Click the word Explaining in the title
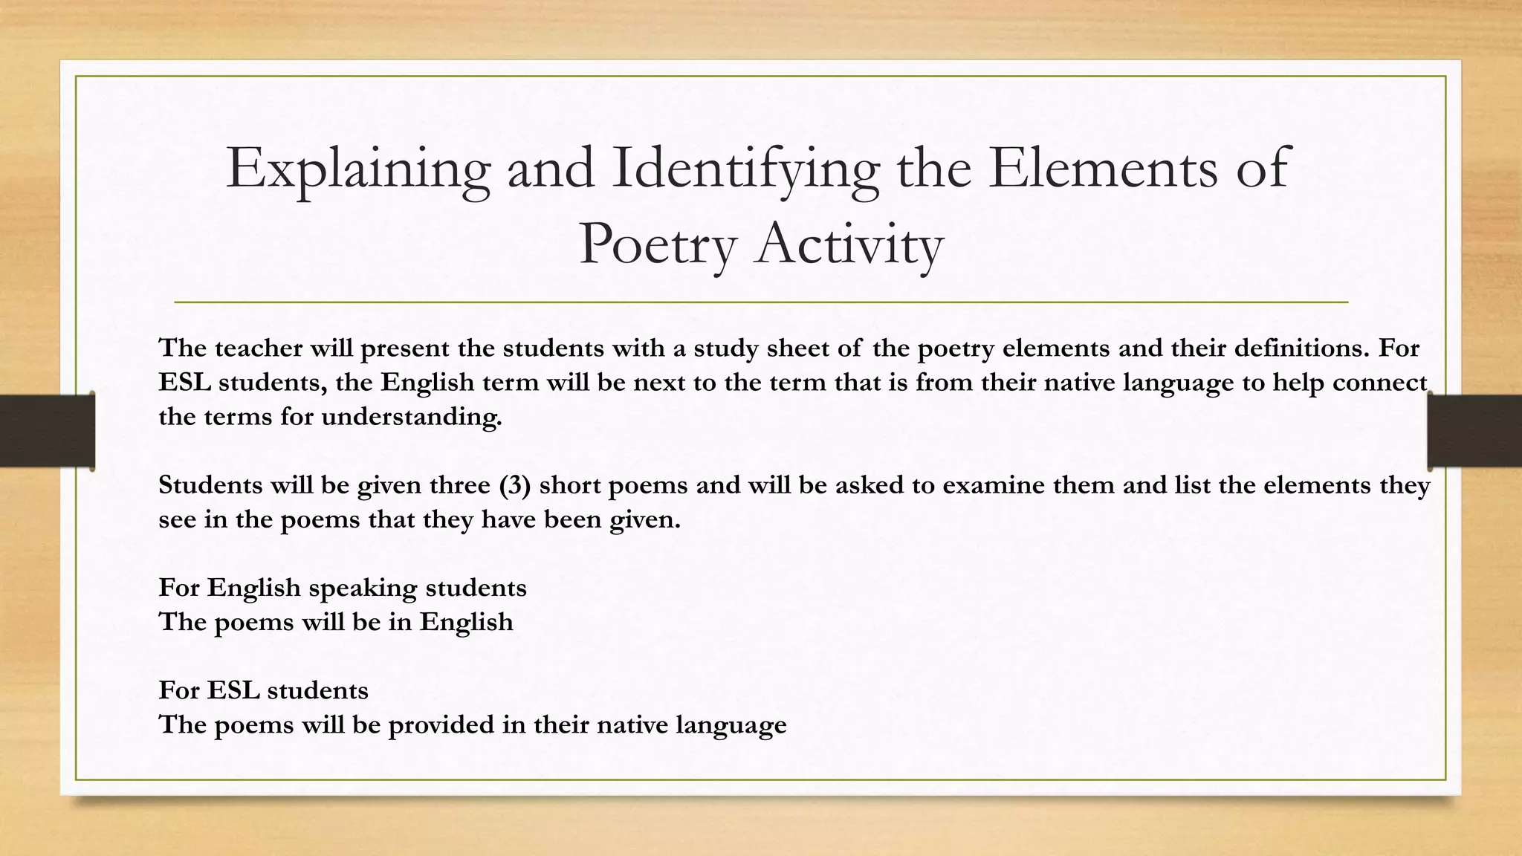[357, 170]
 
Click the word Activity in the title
[849, 244]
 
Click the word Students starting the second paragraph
[210, 485]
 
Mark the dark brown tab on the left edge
[47, 431]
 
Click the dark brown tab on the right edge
[1475, 431]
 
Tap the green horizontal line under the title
[761, 302]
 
